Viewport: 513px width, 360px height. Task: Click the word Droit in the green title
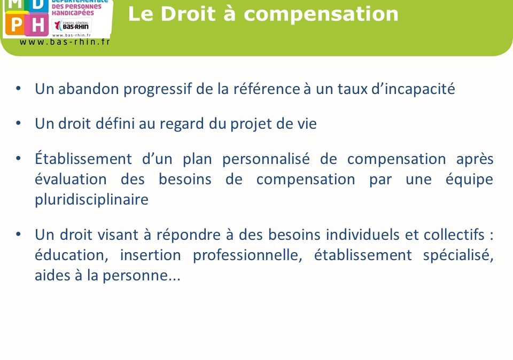tap(188, 14)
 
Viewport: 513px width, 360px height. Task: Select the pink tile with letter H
tap(37, 24)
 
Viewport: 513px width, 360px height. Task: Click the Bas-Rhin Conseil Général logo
tap(72, 25)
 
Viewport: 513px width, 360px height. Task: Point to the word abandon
tap(88, 89)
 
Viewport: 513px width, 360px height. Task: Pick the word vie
tap(307, 123)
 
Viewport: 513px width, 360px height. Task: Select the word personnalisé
tap(266, 160)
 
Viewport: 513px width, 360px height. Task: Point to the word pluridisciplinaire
tap(91, 200)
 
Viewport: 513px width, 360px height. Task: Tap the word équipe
tap(470, 179)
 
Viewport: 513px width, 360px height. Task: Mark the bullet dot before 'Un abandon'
tap(18, 88)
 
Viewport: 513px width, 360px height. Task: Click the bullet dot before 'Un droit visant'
tap(18, 234)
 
